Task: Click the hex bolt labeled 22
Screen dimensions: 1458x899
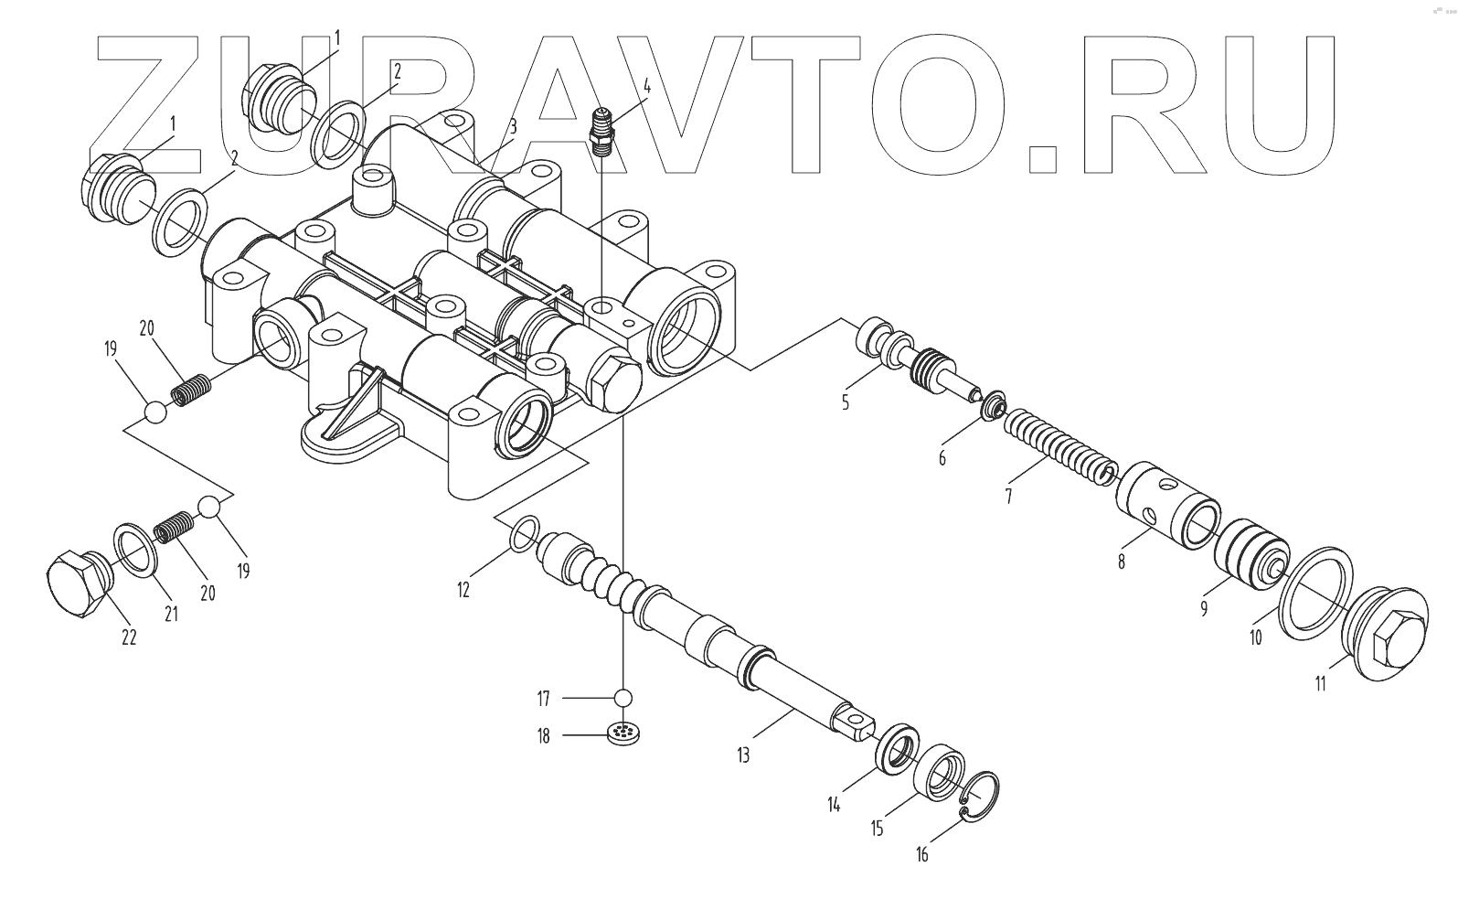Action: tap(75, 584)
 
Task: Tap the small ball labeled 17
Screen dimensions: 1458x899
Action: tap(623, 699)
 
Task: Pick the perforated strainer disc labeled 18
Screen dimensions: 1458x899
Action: tap(623, 733)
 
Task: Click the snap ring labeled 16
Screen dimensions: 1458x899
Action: tap(983, 795)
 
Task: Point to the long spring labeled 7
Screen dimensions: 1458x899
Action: tap(1057, 446)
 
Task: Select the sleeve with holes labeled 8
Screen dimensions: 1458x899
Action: tap(1166, 507)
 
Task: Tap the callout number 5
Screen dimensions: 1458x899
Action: tap(845, 401)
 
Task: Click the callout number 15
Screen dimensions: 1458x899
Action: tap(877, 829)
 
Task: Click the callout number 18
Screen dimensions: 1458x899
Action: tap(543, 735)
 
